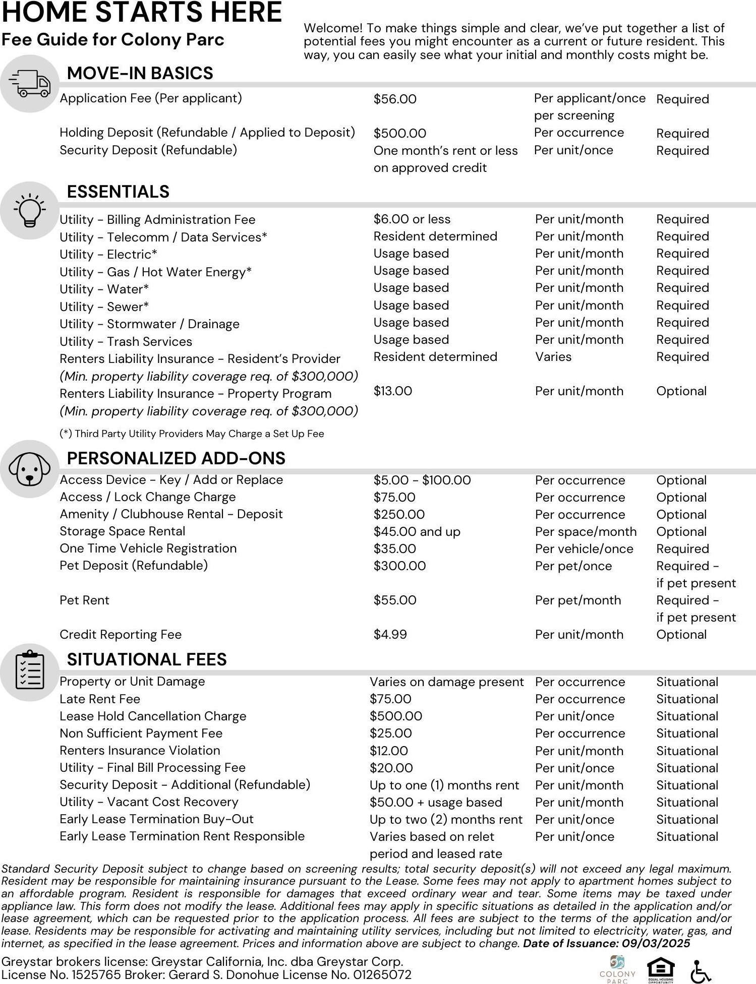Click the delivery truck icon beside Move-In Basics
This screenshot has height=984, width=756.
pyautogui.click(x=30, y=83)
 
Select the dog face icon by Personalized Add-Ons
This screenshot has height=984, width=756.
pyautogui.click(x=29, y=469)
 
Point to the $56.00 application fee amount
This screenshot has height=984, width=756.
pyautogui.click(x=395, y=99)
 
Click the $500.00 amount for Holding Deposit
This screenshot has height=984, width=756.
pyautogui.click(x=399, y=134)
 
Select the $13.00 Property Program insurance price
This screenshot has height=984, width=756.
pyautogui.click(x=392, y=391)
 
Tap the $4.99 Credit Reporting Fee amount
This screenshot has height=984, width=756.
pyautogui.click(x=390, y=635)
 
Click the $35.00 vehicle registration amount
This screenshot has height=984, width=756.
pyautogui.click(x=394, y=549)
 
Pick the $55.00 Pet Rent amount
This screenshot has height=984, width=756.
pyautogui.click(x=394, y=600)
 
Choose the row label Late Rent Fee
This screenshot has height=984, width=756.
pyautogui.click(x=100, y=699)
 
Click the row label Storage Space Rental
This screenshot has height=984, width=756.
pyautogui.click(x=122, y=531)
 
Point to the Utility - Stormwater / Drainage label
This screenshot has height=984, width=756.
pyautogui.click(x=149, y=324)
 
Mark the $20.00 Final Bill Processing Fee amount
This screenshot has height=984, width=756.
pyautogui.click(x=391, y=768)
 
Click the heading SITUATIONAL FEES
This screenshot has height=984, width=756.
pyautogui.click(x=147, y=659)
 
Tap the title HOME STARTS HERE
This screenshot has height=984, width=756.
pyautogui.click(x=142, y=12)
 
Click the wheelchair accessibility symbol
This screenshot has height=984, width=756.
pyautogui.click(x=701, y=971)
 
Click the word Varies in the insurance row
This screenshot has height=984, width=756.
pyautogui.click(x=553, y=357)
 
